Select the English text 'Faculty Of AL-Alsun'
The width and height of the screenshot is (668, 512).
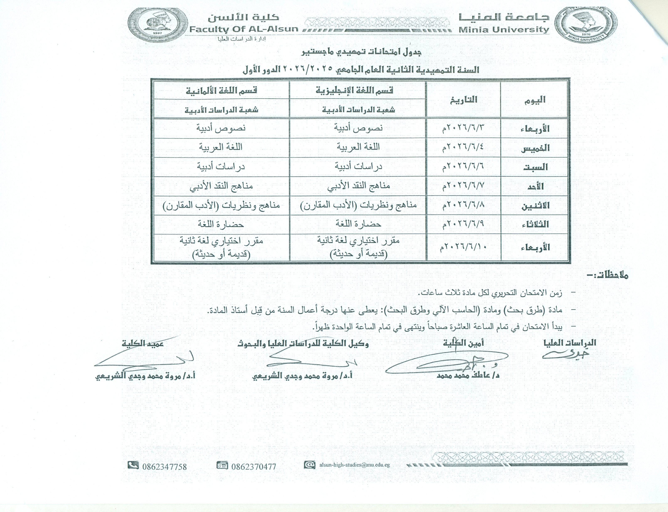pyautogui.click(x=243, y=29)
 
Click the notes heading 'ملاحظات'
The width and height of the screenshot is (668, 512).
pyautogui.click(x=607, y=276)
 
